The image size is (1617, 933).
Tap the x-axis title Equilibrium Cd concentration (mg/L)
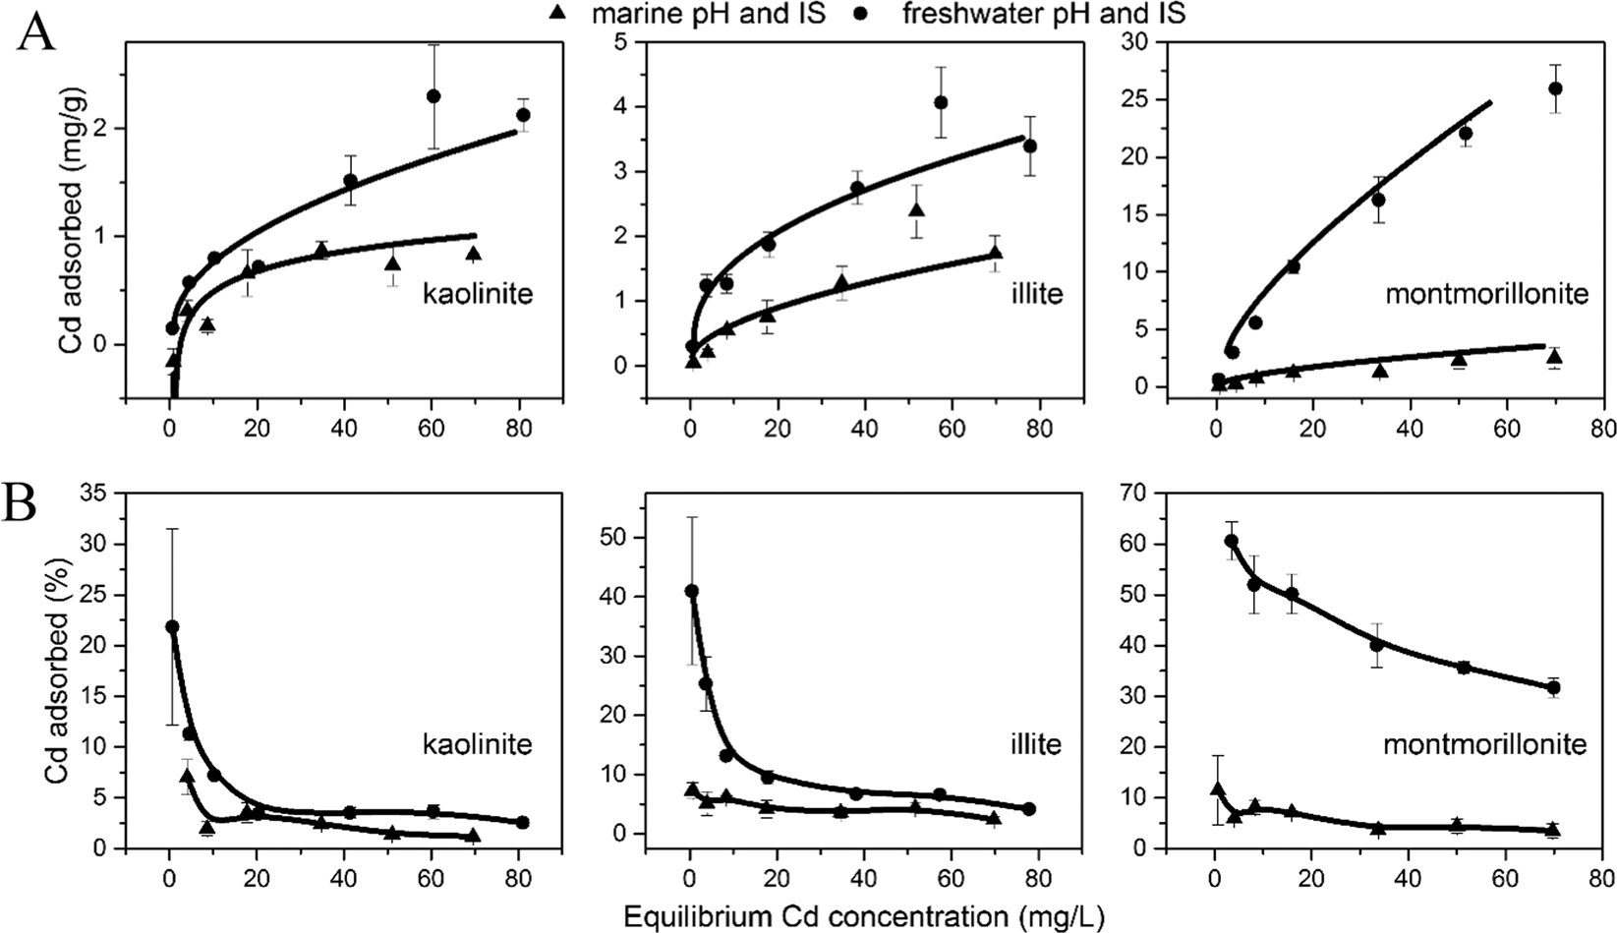click(864, 915)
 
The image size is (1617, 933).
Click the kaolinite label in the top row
click(477, 293)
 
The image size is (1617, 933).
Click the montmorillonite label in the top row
click(1486, 293)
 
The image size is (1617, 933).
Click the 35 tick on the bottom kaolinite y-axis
click(100, 494)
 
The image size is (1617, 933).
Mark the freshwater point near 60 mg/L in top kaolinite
click(433, 96)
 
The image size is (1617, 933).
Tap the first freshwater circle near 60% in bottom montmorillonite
click(1231, 541)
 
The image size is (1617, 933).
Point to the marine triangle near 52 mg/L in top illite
click(916, 210)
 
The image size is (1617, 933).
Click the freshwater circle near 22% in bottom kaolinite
click(172, 626)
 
